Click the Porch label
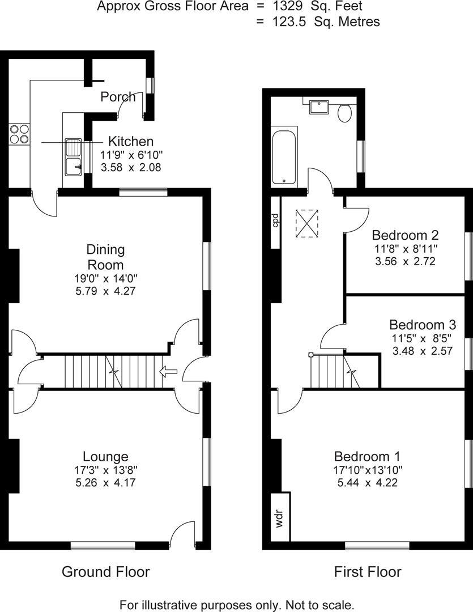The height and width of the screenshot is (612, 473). tap(118, 97)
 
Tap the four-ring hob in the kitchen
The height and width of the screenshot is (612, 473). tap(19, 134)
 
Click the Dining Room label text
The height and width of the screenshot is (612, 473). tap(105, 257)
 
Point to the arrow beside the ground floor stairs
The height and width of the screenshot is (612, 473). tap(169, 372)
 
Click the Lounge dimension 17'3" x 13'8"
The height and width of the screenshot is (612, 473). tap(105, 470)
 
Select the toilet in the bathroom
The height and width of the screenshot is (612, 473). tap(344, 113)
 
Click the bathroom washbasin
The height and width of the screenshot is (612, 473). tap(318, 107)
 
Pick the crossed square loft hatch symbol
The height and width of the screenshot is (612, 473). tap(307, 223)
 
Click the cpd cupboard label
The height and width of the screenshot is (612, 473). tap(275, 220)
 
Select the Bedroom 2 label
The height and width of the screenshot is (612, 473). tap(405, 235)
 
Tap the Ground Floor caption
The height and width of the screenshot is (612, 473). tap(105, 571)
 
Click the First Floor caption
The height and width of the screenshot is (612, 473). tap(367, 571)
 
